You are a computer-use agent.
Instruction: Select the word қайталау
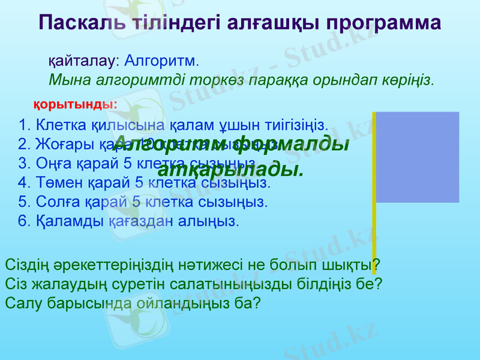(80, 61)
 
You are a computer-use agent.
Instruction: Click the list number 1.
(24, 126)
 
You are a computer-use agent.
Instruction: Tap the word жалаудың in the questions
(58, 283)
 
